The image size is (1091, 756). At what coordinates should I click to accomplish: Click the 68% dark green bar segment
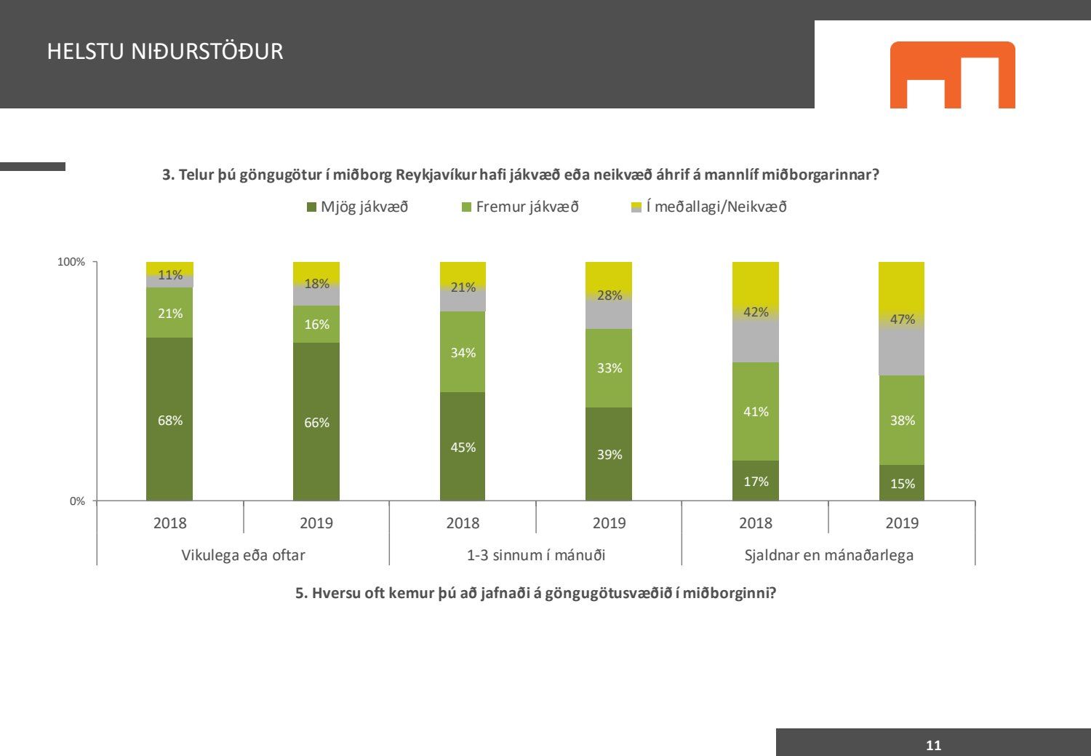tap(169, 419)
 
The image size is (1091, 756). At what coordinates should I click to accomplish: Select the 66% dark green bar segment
tap(316, 421)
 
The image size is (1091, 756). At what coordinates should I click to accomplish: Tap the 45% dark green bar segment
tap(463, 446)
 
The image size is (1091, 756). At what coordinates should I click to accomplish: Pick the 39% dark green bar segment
tap(609, 453)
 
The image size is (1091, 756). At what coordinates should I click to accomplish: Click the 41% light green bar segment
tap(755, 411)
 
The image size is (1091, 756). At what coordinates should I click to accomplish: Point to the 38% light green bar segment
tap(902, 420)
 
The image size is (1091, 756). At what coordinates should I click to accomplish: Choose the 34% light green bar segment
tap(463, 352)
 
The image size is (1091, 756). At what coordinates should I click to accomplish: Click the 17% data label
tap(756, 482)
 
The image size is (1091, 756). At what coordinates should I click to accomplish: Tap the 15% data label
tap(902, 484)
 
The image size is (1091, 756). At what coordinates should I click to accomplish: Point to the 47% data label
tap(902, 319)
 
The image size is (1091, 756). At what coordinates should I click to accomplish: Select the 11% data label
tap(170, 275)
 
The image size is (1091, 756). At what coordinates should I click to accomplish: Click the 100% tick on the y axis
tap(71, 262)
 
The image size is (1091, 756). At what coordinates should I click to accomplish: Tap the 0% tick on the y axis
tap(77, 501)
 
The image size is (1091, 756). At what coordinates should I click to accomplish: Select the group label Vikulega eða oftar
tap(243, 555)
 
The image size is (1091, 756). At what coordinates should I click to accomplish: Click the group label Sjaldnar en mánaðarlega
tap(828, 555)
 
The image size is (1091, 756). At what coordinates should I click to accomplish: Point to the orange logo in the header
tap(952, 75)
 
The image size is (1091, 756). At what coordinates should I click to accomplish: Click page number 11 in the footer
tap(933, 745)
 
